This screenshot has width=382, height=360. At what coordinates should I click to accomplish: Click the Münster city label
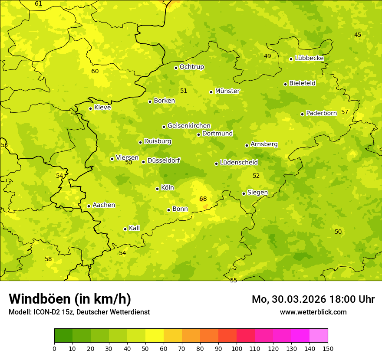(227, 91)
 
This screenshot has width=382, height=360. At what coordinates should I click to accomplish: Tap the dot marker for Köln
(158, 189)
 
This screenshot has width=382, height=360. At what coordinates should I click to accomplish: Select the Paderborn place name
(321, 113)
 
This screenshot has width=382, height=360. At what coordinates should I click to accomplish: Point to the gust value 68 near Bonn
(203, 199)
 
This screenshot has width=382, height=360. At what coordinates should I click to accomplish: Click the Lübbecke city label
(309, 58)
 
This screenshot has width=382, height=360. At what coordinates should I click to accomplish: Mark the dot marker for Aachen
(89, 206)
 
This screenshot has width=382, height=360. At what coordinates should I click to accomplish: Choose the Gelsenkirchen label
(189, 126)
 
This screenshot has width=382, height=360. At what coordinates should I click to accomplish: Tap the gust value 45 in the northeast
(358, 35)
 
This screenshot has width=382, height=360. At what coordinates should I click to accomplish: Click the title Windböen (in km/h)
(70, 299)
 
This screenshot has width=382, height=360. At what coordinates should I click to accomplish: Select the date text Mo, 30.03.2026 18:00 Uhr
(313, 299)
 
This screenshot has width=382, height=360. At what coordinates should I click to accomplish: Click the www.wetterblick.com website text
(313, 312)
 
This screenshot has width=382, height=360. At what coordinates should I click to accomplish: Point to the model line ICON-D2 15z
(79, 312)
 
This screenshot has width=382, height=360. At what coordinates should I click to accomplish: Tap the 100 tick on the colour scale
(237, 348)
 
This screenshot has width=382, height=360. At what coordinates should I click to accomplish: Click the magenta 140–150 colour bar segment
(319, 336)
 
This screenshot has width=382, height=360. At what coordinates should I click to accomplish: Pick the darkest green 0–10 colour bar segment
(63, 336)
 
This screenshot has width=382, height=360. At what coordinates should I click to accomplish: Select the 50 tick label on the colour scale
(145, 348)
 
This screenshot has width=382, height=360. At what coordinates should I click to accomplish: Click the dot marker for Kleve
(91, 108)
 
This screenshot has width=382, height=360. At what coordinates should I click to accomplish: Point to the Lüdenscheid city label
(239, 163)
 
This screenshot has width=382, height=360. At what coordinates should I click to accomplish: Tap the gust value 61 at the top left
(39, 4)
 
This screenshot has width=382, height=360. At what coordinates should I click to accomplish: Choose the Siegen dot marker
(244, 193)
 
